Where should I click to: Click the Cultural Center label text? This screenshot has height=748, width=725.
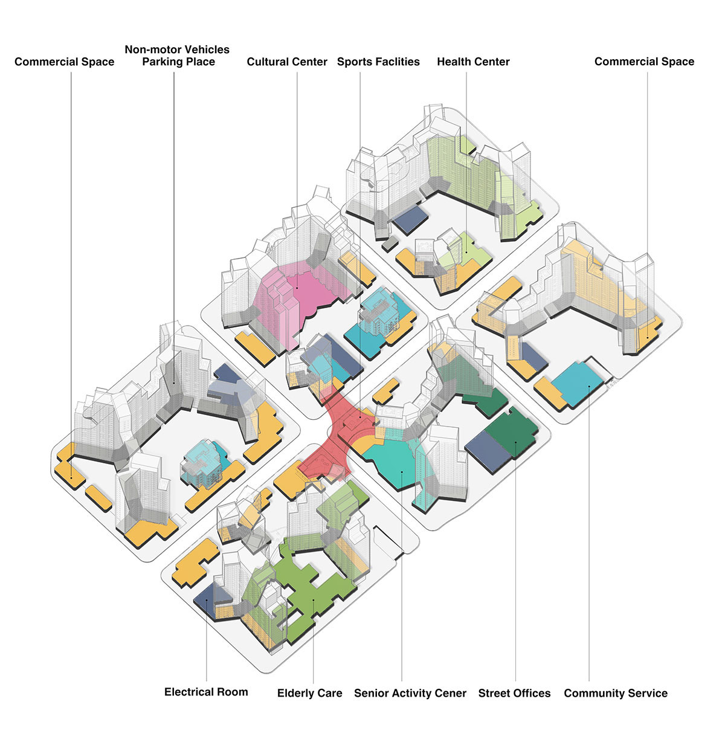tap(287, 62)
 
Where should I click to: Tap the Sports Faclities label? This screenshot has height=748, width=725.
tap(378, 62)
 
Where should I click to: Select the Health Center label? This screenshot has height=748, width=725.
tap(473, 62)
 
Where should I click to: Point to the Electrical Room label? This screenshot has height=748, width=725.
tap(206, 692)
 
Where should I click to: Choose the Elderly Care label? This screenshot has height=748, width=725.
tap(309, 693)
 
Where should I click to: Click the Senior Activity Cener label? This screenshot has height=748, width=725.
tap(410, 693)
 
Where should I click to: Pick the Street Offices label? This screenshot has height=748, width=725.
tap(514, 693)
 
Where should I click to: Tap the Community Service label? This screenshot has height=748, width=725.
tap(616, 693)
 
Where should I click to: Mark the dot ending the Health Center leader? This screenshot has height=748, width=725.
tap(466, 252)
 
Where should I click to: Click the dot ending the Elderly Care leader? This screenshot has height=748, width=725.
tap(314, 599)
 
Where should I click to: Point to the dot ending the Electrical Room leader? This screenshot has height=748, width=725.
tap(207, 600)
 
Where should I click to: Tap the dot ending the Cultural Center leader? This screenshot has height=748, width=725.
tap(297, 288)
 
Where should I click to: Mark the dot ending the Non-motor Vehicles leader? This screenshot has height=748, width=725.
tap(174, 382)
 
